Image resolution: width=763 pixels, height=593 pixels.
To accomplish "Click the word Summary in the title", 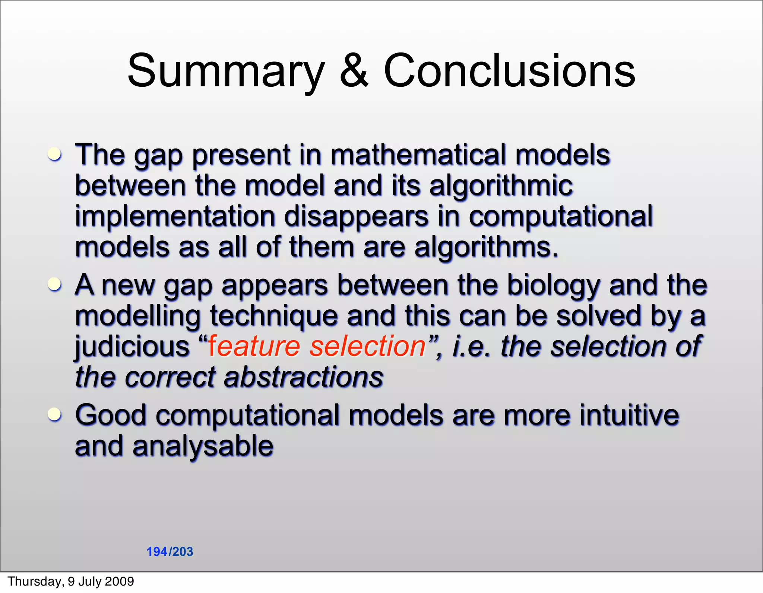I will click(x=226, y=71).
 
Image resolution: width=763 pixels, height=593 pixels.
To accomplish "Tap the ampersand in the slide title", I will click(x=354, y=71).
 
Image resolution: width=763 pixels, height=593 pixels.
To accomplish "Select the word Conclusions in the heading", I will click(x=509, y=71).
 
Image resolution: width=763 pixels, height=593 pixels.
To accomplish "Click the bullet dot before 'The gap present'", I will click(x=55, y=154).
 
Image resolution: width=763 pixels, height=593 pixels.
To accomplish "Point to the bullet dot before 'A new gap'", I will click(x=55, y=284).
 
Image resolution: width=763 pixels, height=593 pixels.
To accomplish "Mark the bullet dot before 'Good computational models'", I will click(x=55, y=414).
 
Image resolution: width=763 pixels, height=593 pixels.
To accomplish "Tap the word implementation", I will click(x=175, y=217).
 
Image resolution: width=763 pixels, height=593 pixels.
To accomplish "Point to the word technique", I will click(x=274, y=316).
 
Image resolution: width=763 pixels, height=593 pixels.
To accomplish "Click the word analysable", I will click(x=203, y=446).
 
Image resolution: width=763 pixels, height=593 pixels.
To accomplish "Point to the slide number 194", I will click(x=157, y=552).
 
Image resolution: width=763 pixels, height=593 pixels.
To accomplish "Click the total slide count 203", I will click(x=183, y=552).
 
